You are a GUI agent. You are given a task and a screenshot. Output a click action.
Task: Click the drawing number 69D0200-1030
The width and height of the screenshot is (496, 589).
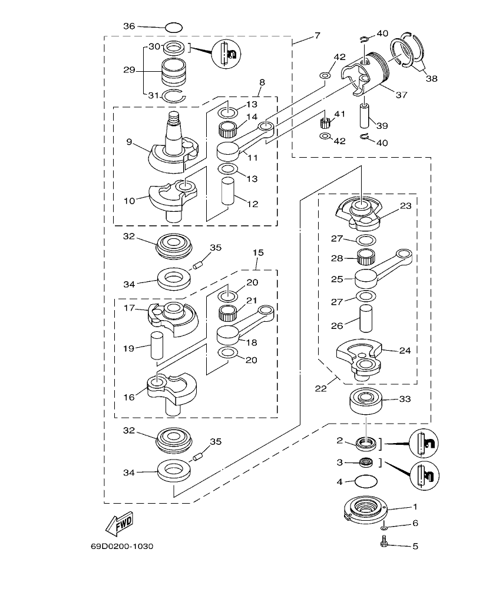[122, 546]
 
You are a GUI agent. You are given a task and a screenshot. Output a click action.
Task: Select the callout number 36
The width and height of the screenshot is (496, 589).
[129, 26]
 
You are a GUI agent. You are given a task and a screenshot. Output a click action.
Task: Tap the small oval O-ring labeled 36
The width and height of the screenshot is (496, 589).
[174, 27]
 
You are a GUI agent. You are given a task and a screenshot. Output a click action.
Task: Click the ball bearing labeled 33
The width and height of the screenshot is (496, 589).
[365, 401]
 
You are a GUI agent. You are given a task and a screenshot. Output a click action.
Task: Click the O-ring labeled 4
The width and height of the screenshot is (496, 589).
[365, 482]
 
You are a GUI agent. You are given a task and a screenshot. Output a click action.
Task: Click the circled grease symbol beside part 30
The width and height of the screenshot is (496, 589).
[227, 54]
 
